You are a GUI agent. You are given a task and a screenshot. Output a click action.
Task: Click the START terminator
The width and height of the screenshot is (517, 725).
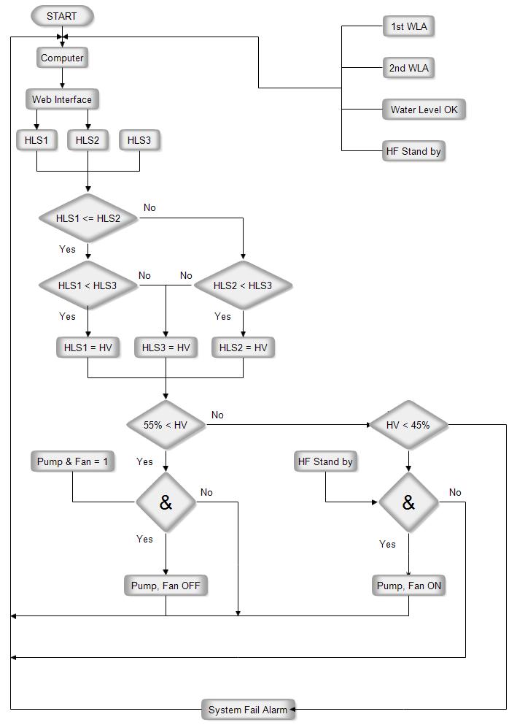coord(62,16)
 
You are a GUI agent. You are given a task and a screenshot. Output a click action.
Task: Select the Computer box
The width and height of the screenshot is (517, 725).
coord(62,58)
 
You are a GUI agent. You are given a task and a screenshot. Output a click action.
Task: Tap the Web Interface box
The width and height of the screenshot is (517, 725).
coord(62,99)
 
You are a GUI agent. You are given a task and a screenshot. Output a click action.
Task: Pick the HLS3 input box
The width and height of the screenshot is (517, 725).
coord(139,140)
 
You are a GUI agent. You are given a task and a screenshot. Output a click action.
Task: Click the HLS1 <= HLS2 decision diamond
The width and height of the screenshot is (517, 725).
coord(88,218)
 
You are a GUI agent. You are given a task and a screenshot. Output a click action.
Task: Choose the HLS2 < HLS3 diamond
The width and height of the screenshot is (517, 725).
coord(243,285)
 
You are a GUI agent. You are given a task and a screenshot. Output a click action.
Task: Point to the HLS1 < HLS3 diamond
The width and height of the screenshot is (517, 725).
coord(88,285)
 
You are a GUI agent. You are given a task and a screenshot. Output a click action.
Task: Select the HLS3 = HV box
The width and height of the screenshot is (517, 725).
coord(166,348)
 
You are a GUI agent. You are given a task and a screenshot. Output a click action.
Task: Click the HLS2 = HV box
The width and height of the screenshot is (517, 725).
coord(244,348)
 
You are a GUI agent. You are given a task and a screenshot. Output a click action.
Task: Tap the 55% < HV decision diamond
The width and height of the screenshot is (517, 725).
coord(166,425)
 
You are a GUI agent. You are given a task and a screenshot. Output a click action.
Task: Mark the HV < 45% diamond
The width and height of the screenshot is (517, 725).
coord(408,425)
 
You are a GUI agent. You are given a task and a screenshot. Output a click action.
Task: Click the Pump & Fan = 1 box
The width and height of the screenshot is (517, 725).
coord(73,461)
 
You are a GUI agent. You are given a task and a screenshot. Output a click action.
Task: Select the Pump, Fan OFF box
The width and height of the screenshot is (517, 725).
coord(166,586)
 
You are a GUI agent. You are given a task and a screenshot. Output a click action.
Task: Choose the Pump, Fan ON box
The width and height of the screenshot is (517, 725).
coord(409,586)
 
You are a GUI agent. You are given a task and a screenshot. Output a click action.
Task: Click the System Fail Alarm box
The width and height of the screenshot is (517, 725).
coord(248,710)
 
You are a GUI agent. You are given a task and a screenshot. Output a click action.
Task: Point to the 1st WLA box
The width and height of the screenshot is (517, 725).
coord(409,27)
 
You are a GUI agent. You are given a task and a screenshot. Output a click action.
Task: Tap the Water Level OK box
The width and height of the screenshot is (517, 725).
coord(424,110)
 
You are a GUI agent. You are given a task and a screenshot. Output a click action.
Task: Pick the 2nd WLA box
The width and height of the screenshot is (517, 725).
coord(409,68)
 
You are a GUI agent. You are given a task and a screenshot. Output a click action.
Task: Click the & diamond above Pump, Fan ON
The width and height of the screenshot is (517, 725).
coord(408,502)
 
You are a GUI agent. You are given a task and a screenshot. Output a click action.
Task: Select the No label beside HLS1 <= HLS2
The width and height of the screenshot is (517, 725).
coord(149,207)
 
